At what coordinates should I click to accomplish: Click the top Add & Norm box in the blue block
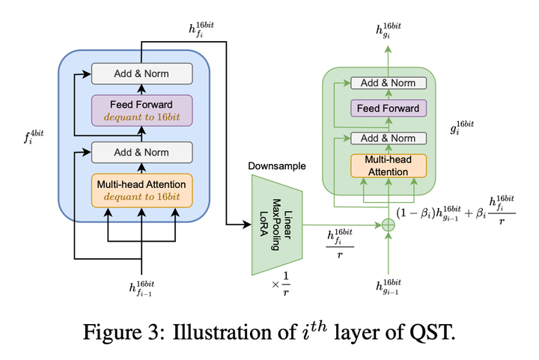point(141,73)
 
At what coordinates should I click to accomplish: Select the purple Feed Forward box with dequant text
point(141,111)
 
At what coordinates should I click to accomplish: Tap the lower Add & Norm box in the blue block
point(141,152)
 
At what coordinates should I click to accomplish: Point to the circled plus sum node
point(388,225)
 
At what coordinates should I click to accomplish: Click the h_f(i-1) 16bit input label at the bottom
point(141,288)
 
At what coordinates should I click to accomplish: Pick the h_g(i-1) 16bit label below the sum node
point(388,286)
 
